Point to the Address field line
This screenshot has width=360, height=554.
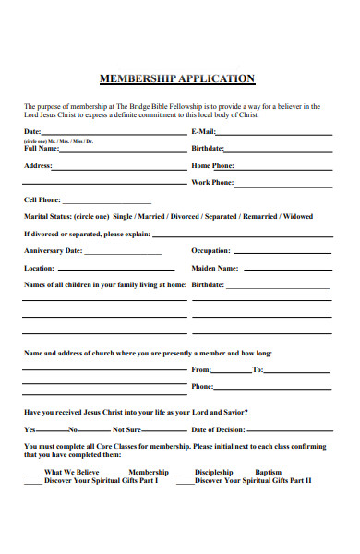[x=117, y=169]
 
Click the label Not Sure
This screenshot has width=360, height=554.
[x=126, y=430]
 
